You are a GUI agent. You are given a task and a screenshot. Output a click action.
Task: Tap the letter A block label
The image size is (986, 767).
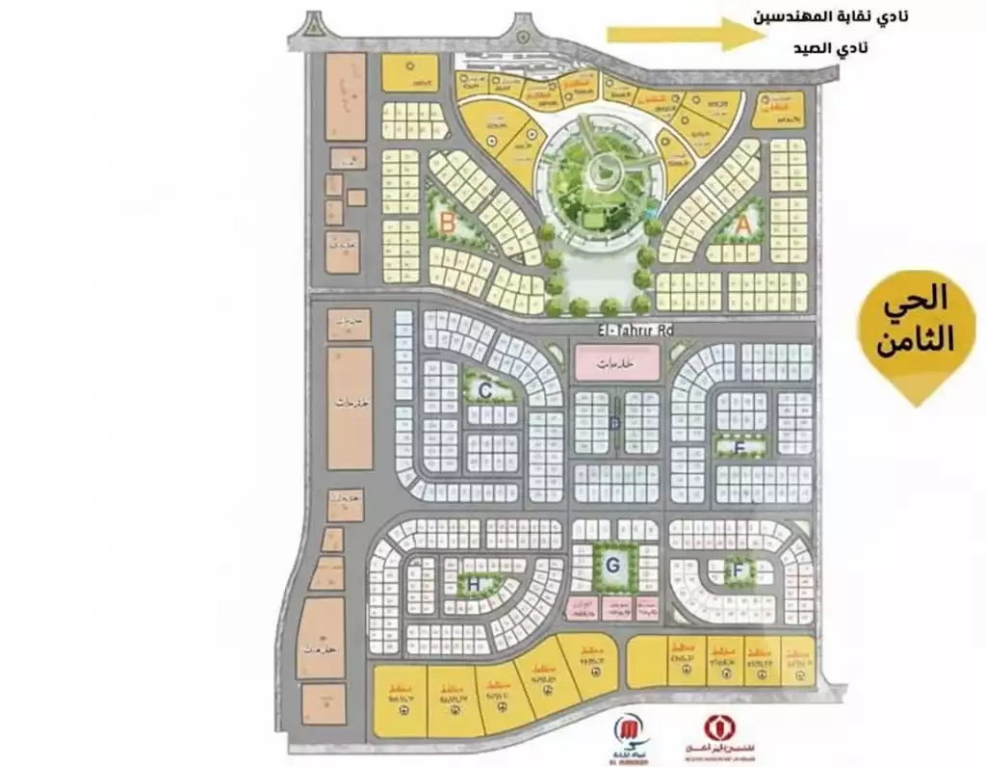(x=741, y=223)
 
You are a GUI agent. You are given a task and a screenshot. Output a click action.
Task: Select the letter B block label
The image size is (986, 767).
(x=446, y=223)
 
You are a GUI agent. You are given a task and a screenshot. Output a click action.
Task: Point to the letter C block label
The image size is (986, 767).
(x=486, y=390)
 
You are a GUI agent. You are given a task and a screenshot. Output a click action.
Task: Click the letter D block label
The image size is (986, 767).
(x=613, y=422)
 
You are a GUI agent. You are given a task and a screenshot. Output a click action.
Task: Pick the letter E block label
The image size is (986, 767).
(x=739, y=447)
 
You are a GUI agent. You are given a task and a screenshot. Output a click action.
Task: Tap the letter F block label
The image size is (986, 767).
(x=738, y=570)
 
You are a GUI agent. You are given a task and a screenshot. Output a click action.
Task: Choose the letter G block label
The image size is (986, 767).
(x=611, y=566)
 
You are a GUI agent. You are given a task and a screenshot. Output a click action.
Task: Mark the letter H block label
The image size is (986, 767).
(x=473, y=583)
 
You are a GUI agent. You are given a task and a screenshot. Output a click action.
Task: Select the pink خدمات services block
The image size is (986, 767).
(x=617, y=363)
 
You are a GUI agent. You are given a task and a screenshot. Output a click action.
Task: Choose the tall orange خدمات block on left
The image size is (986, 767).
(x=350, y=409)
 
